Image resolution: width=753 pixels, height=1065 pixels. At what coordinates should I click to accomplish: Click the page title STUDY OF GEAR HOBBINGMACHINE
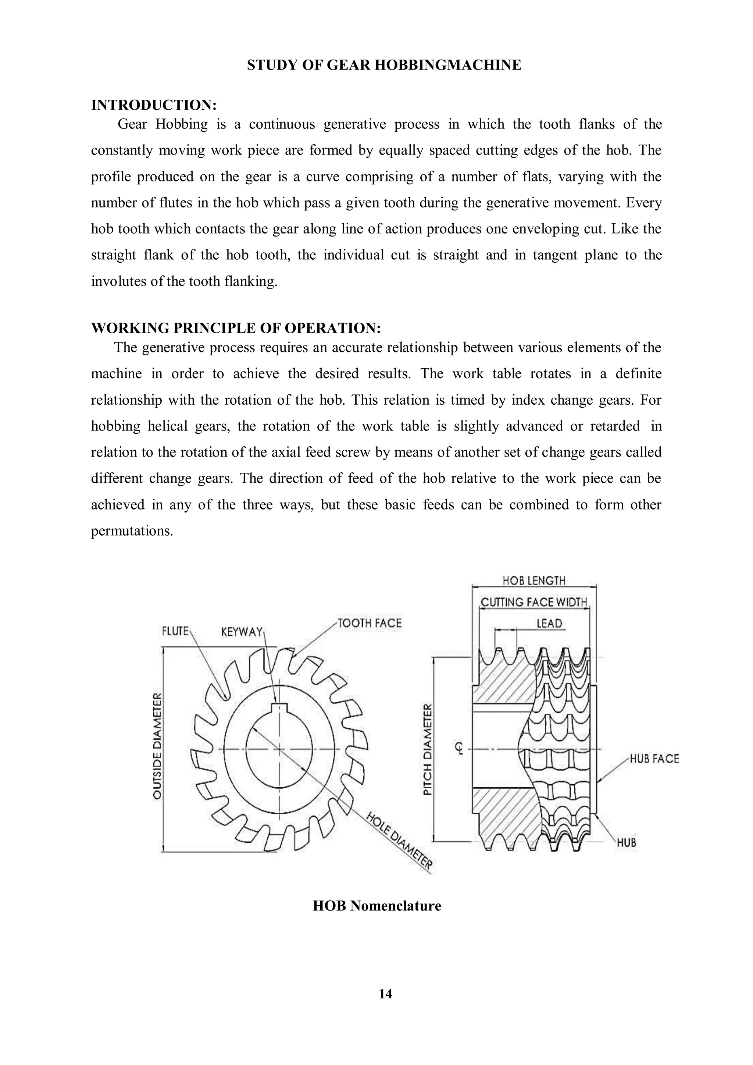point(384,65)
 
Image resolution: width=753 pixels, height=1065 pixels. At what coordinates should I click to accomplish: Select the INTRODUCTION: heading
point(154,105)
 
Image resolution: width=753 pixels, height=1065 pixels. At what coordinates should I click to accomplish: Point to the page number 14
point(385,994)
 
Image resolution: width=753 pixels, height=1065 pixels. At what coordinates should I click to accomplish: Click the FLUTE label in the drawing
point(175,631)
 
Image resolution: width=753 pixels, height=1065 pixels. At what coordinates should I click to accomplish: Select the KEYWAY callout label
point(242,632)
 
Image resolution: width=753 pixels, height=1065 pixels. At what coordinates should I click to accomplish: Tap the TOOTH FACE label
point(370,623)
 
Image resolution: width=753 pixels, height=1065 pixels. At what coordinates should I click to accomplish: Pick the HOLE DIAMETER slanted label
point(399,841)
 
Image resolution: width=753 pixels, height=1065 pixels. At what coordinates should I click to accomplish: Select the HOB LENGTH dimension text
point(534,581)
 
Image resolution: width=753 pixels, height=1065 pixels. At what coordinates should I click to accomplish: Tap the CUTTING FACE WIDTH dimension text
point(534,602)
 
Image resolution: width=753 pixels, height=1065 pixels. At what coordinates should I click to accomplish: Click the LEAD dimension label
point(549,624)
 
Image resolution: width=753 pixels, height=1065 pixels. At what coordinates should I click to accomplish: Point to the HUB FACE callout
point(654,759)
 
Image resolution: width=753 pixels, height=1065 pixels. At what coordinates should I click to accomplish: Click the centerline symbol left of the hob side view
point(459,749)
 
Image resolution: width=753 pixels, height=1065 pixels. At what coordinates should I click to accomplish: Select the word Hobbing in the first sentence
point(182,124)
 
